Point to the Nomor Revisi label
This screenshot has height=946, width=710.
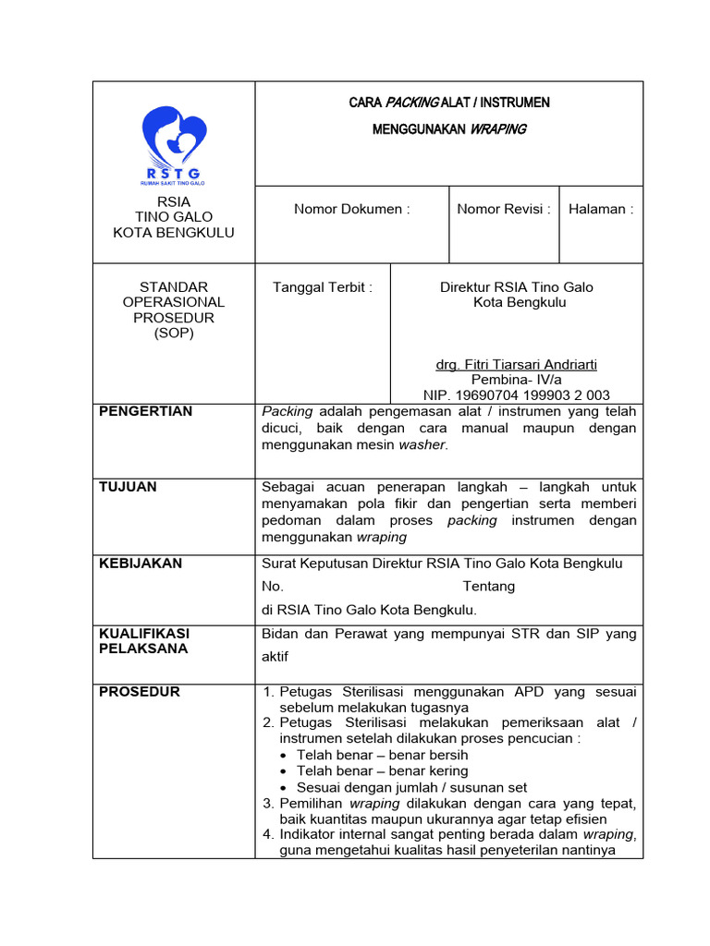(x=504, y=209)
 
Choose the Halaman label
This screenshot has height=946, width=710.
(x=601, y=209)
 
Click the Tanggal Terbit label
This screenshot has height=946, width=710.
(x=323, y=287)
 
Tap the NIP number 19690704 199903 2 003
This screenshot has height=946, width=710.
(x=517, y=395)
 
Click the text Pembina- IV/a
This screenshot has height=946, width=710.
(x=517, y=380)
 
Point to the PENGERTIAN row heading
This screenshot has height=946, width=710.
(x=145, y=411)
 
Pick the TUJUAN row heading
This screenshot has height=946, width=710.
(x=128, y=487)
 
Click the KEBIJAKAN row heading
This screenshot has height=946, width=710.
(x=140, y=563)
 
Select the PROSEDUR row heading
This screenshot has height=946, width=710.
(x=139, y=692)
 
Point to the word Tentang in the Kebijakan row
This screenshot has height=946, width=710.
(x=488, y=587)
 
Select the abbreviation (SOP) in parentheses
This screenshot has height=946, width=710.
(x=174, y=334)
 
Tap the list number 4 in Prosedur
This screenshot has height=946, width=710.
(x=267, y=835)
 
